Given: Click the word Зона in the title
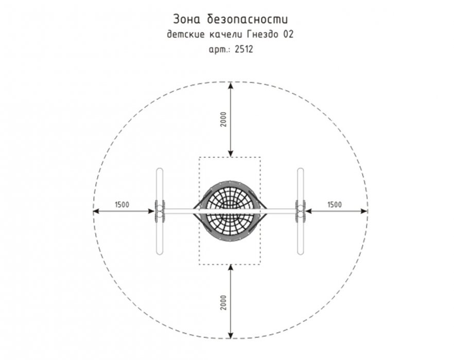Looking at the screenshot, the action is pyautogui.click(x=187, y=20).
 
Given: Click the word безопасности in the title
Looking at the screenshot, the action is pyautogui.click(x=248, y=20).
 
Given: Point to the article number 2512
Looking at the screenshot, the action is pyautogui.click(x=244, y=49).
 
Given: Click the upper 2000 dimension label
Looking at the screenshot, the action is pyautogui.click(x=223, y=119).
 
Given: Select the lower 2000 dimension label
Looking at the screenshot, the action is pyautogui.click(x=223, y=303).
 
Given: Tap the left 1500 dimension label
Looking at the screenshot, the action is pyautogui.click(x=122, y=205).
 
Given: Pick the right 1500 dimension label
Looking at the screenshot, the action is pyautogui.click(x=335, y=205).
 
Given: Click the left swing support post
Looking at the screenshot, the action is pyautogui.click(x=160, y=211).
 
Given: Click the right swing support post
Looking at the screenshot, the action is pyautogui.click(x=301, y=211).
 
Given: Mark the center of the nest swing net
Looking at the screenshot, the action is pyautogui.click(x=230, y=211).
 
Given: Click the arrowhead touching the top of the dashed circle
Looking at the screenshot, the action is pyautogui.click(x=231, y=86).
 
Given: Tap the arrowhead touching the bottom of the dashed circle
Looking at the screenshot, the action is pyautogui.click(x=231, y=335).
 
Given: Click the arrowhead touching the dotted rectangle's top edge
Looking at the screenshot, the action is pyautogui.click(x=231, y=153).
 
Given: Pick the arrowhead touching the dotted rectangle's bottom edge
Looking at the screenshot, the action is pyautogui.click(x=231, y=268).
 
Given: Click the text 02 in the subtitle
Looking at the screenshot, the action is pyautogui.click(x=288, y=34).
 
